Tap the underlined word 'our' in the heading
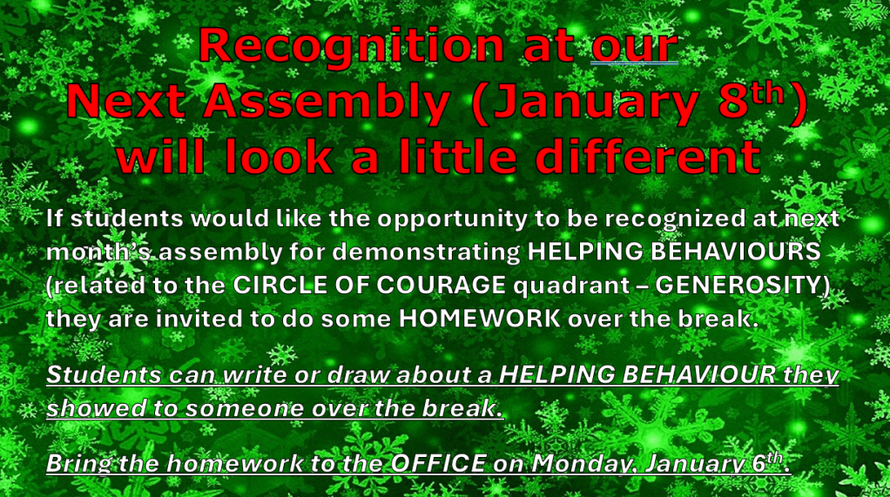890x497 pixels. coord(635,46)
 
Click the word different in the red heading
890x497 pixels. coord(648,156)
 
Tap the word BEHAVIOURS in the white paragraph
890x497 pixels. coord(736,252)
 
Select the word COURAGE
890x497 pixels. coord(441,285)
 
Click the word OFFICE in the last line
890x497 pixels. coord(438,464)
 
